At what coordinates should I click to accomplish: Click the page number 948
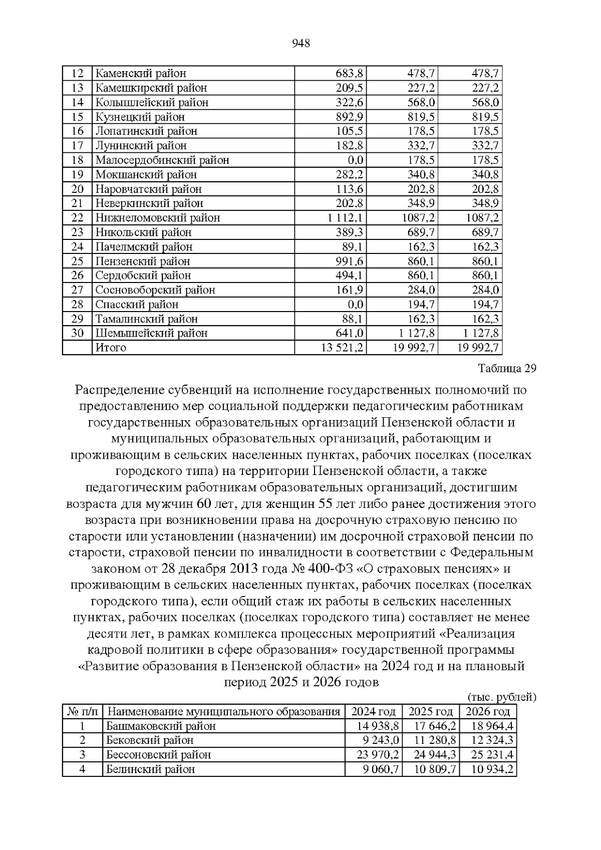tap(300, 44)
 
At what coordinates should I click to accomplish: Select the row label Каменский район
tap(141, 74)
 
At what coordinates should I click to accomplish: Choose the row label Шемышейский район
tap(151, 333)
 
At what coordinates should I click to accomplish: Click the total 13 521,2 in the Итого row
tap(342, 348)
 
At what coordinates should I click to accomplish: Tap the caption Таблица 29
tap(507, 369)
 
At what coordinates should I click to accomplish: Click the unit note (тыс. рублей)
tap(501, 697)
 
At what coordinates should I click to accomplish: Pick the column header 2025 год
tap(431, 712)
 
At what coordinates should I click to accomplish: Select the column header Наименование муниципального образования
tap(224, 712)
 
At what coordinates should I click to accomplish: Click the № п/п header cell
tap(83, 712)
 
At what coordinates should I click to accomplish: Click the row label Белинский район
tap(150, 769)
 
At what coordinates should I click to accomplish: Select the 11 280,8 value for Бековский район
tap(435, 740)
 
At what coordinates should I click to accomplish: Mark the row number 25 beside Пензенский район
tap(77, 261)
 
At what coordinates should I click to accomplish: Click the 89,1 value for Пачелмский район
tap(353, 247)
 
